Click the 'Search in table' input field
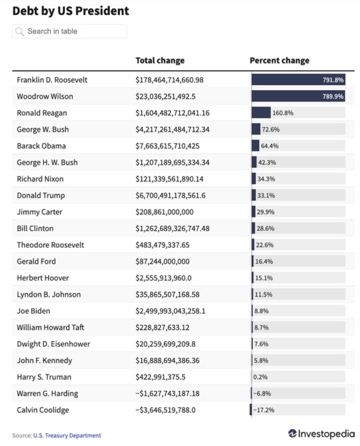69,32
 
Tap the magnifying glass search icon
19,32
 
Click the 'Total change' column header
160,60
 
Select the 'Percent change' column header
280,60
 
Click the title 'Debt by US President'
71,11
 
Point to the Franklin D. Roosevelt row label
52,80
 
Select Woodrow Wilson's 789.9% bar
298,96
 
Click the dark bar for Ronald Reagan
261,113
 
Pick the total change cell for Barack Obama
167,146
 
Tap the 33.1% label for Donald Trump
266,196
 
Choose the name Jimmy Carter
39,212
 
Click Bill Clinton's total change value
172,228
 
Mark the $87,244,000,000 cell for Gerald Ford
163,261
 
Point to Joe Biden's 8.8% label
262,311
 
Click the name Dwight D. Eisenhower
53,344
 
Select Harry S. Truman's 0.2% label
260,377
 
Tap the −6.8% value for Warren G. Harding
262,393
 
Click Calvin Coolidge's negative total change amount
165,410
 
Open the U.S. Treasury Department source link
67,436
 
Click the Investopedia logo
321,434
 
